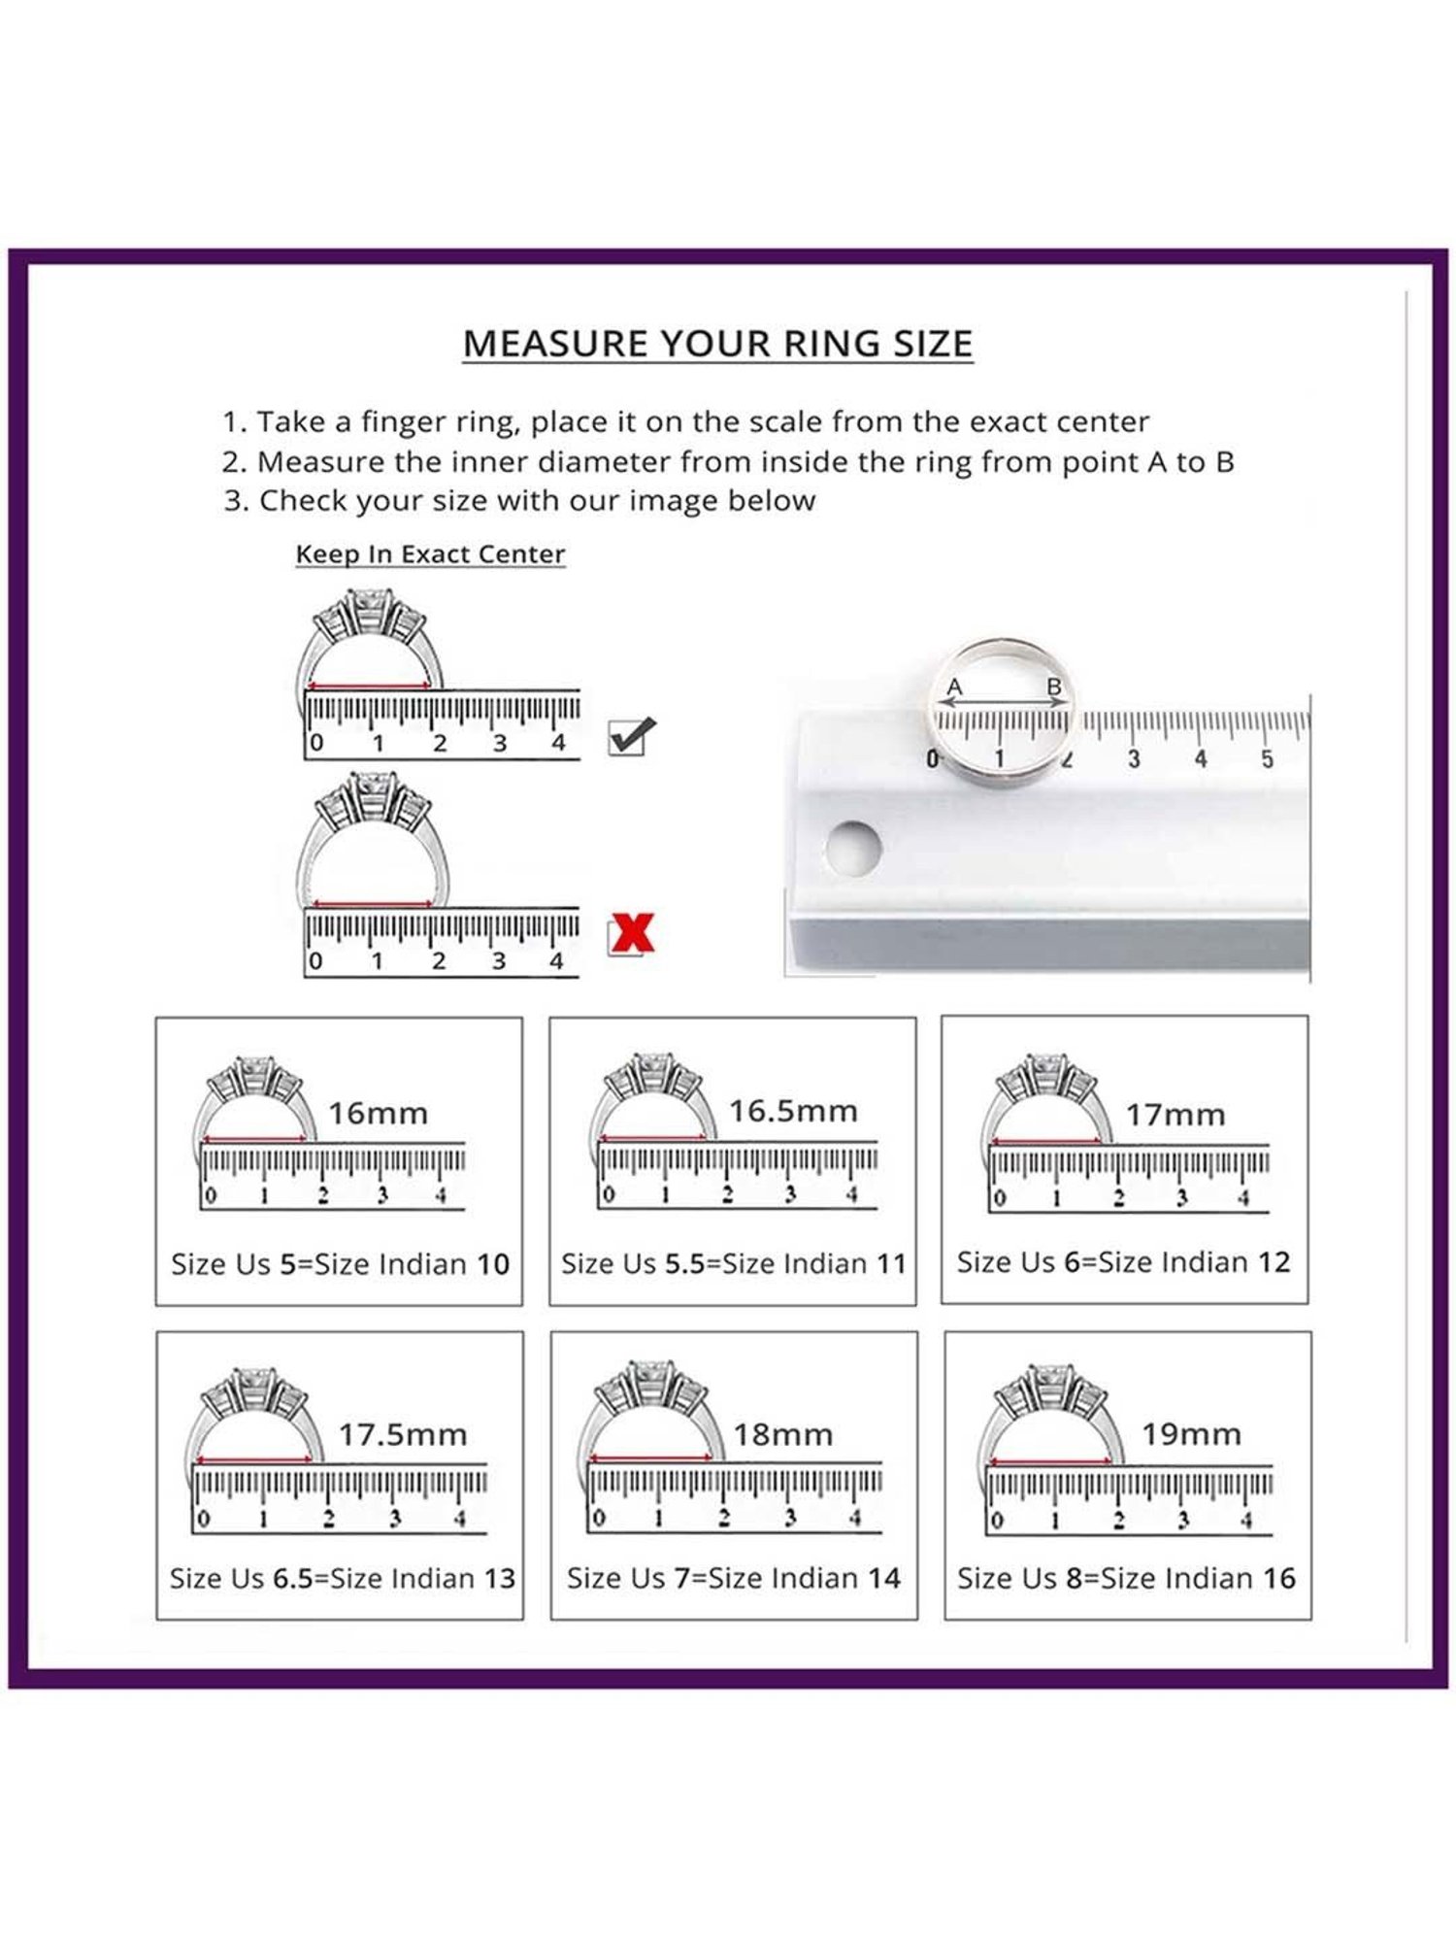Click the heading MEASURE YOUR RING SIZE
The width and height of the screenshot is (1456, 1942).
pyautogui.click(x=717, y=344)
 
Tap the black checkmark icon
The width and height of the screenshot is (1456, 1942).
pyautogui.click(x=631, y=736)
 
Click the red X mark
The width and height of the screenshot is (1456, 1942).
pyautogui.click(x=632, y=934)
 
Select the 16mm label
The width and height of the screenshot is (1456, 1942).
pyautogui.click(x=378, y=1113)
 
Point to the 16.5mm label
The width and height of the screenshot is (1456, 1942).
pyautogui.click(x=793, y=1111)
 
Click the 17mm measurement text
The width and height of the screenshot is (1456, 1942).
pyautogui.click(x=1175, y=1115)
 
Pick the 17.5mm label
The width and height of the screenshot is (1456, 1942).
pyautogui.click(x=403, y=1434)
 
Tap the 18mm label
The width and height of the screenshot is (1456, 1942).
pyautogui.click(x=782, y=1434)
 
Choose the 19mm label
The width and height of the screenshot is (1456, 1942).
pyautogui.click(x=1191, y=1433)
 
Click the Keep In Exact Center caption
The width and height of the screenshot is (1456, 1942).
pyautogui.click(x=430, y=553)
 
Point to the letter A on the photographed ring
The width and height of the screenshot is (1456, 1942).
pyautogui.click(x=954, y=687)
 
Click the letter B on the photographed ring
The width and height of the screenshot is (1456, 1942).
pyautogui.click(x=1054, y=687)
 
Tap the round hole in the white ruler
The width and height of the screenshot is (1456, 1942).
pyautogui.click(x=853, y=847)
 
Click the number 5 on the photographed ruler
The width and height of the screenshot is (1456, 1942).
pyautogui.click(x=1267, y=759)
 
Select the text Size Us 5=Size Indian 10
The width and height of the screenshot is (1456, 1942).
pyautogui.click(x=340, y=1264)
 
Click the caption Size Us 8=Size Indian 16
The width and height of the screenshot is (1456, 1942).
pyautogui.click(x=1126, y=1578)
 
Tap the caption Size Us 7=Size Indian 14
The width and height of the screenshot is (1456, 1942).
pyautogui.click(x=734, y=1578)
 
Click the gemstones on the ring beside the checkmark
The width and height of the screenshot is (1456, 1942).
pyautogui.click(x=370, y=612)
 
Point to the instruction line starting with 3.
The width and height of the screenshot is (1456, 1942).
pyautogui.click(x=519, y=501)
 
